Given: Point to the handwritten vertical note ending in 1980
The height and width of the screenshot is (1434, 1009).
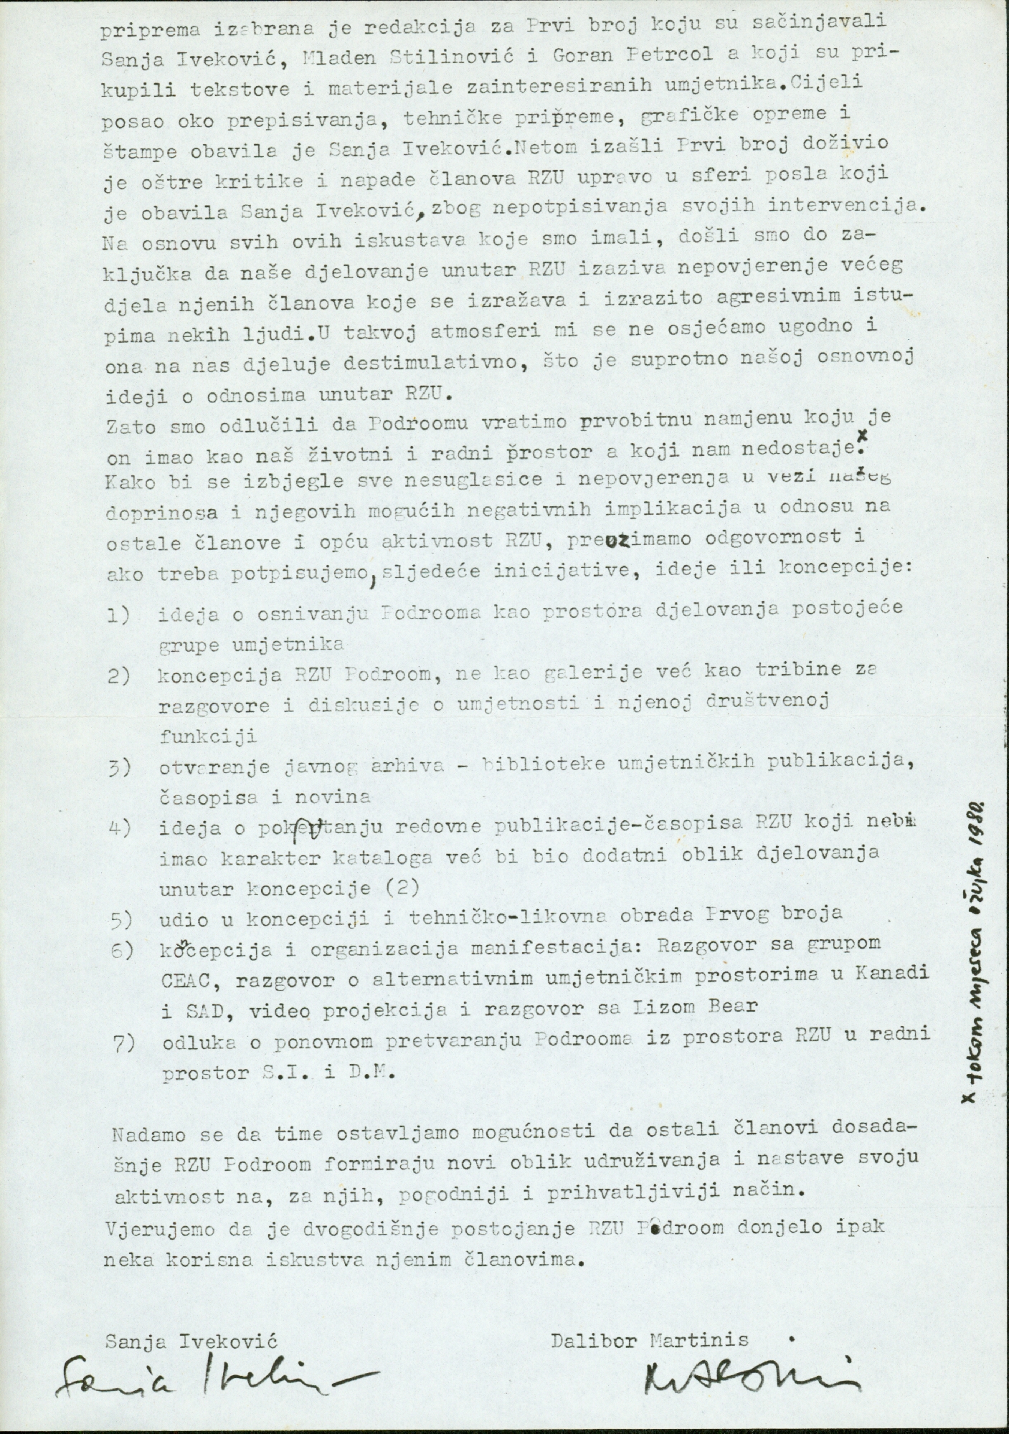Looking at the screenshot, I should [x=974, y=926].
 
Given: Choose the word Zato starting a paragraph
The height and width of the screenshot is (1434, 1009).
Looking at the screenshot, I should [x=128, y=424].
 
